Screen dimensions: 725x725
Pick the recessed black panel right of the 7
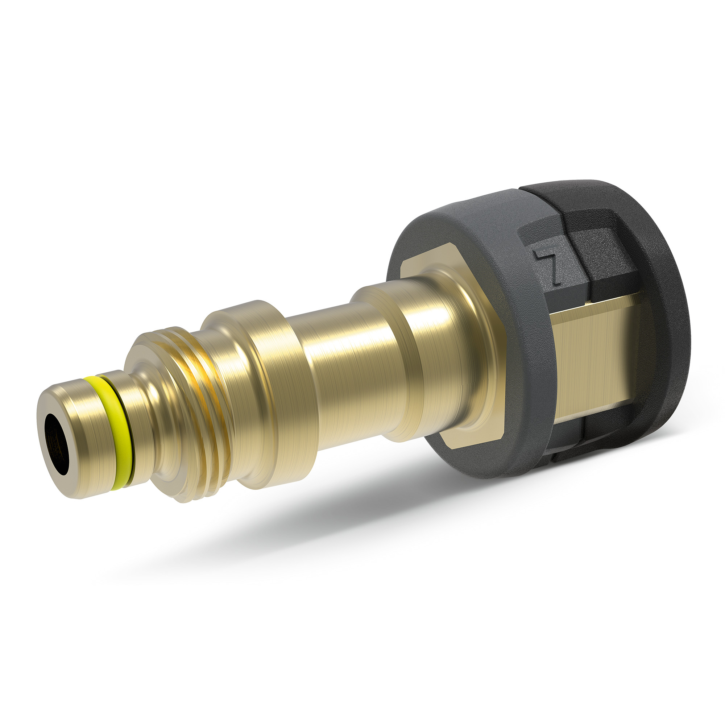point(600,255)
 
